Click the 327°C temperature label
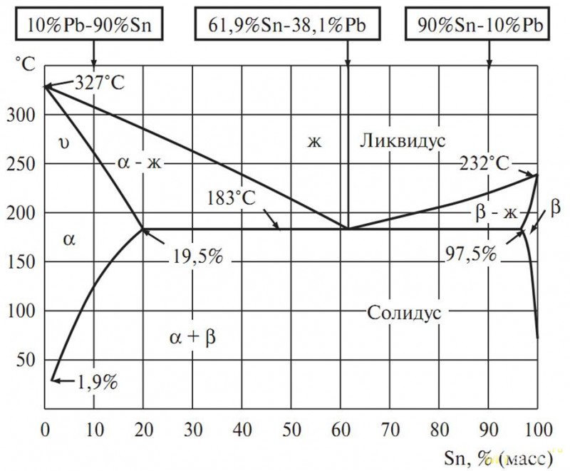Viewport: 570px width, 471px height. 99,83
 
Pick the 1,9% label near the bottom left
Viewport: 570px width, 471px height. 96,382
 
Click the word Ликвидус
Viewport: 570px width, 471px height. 403,139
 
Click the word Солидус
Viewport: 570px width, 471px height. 404,312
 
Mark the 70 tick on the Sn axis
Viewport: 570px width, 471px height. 390,430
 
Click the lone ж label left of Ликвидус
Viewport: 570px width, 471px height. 315,140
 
